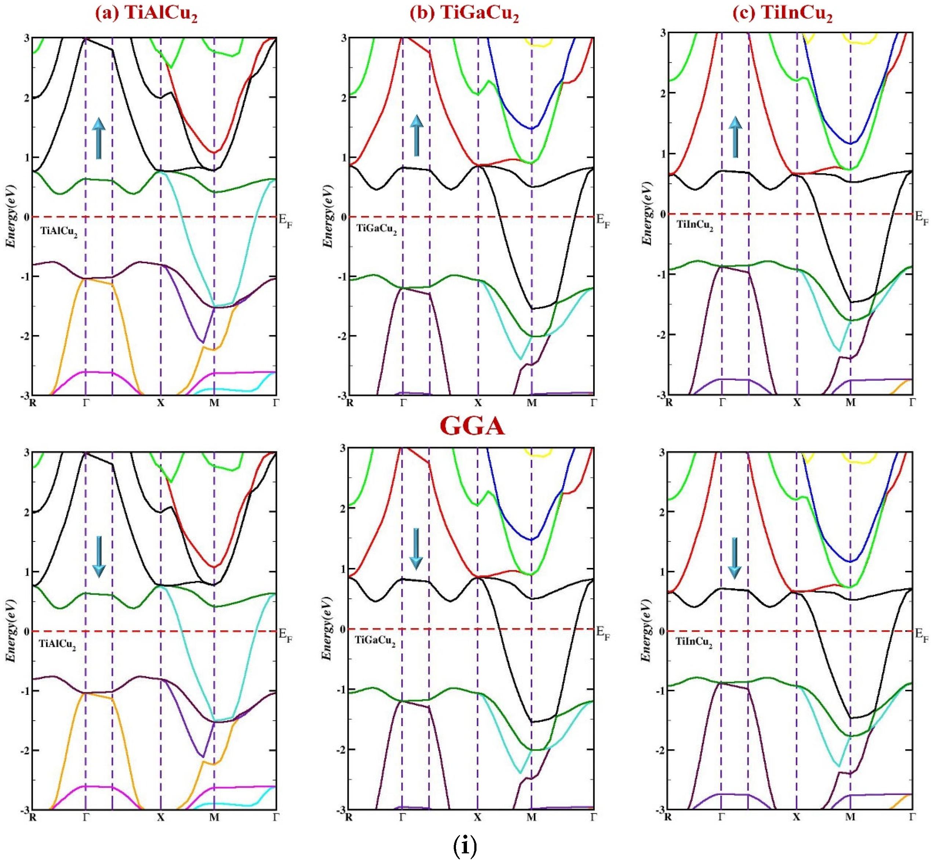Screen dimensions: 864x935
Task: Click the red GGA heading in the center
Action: pos(472,426)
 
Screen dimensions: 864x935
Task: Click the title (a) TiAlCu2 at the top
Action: pos(146,14)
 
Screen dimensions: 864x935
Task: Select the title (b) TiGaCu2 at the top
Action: pos(464,14)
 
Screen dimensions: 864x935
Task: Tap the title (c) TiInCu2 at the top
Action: pos(782,14)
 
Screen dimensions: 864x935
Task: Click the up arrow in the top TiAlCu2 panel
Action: pos(98,138)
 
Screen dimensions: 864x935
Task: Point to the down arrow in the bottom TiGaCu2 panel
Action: pos(416,549)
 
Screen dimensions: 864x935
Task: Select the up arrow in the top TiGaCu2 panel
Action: pos(416,136)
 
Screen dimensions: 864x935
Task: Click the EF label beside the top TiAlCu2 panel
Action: pos(285,220)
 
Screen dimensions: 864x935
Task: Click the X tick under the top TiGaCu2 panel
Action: pos(478,402)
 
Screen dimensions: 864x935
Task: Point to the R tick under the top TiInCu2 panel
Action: pos(669,402)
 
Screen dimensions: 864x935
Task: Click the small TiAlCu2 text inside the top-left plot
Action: pos(58,231)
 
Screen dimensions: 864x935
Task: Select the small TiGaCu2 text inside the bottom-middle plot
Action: pos(375,641)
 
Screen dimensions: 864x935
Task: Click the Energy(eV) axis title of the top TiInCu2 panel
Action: pos(647,214)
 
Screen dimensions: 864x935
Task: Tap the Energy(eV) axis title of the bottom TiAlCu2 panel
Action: pos(11,630)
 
